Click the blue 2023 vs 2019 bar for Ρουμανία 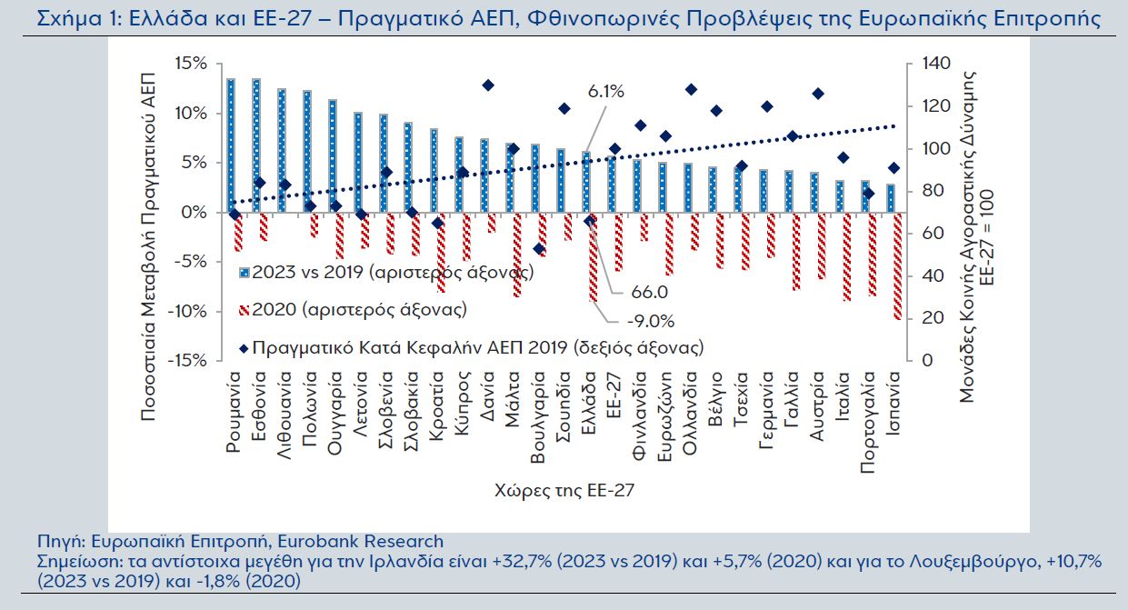231,145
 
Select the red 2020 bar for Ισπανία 897,265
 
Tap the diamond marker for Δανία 488,85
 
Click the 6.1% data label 606,92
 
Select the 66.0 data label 648,292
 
